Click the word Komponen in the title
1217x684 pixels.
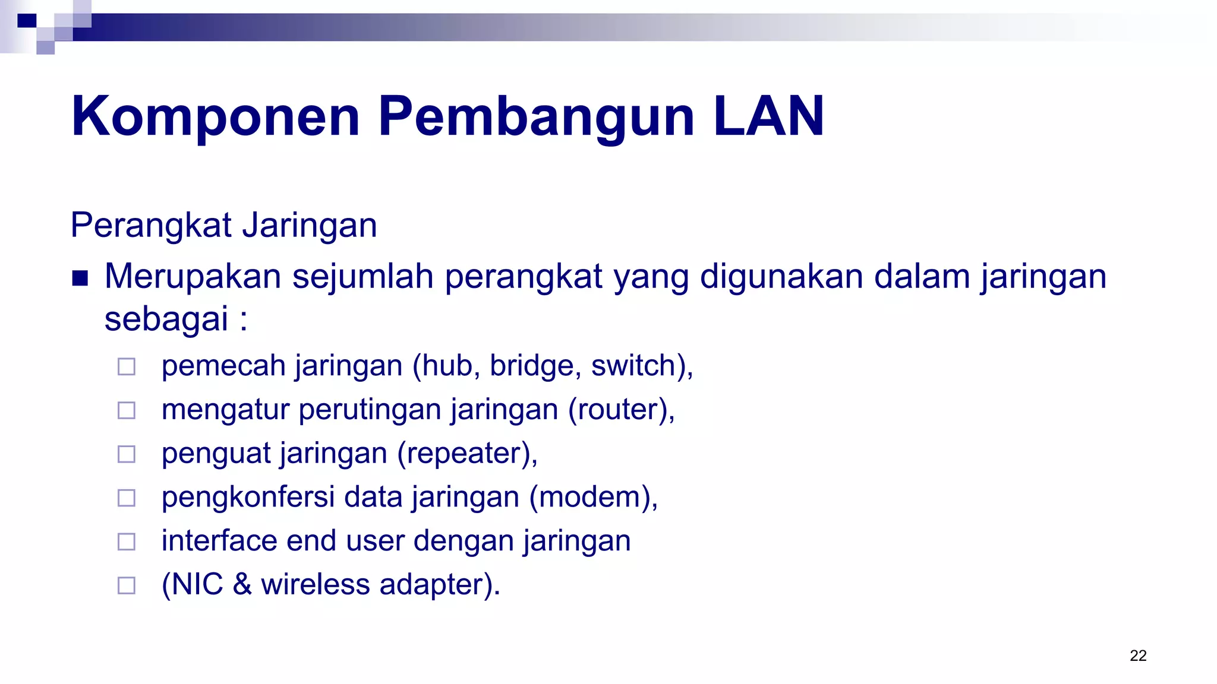[215, 117]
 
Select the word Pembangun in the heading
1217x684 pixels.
[536, 117]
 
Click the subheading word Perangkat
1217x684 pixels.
[151, 226]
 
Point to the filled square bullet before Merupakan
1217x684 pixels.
[80, 278]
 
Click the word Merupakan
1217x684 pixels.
[193, 277]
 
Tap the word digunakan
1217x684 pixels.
[781, 277]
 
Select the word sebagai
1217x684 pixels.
[166, 319]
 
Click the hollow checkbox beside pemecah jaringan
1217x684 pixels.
[127, 366]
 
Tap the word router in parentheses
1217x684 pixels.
[620, 410]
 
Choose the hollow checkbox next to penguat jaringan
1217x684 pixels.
[127, 454]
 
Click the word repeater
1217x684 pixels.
[465, 454]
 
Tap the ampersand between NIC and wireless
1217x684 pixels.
[242, 584]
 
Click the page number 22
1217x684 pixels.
[1137, 655]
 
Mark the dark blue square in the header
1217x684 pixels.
[27, 21]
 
